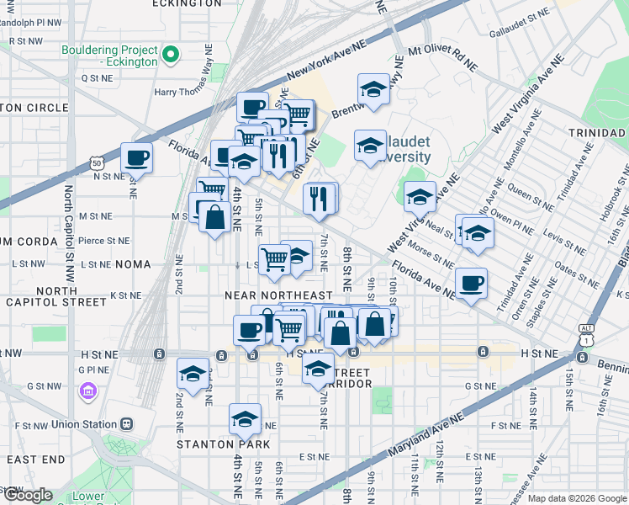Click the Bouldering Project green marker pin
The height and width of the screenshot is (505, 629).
click(x=171, y=56)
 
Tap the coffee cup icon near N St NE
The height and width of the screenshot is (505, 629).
click(x=136, y=157)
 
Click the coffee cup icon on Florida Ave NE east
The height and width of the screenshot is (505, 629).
click(x=471, y=282)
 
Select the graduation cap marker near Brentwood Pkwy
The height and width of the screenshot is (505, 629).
click(x=373, y=88)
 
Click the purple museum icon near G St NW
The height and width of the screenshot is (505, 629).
click(x=87, y=391)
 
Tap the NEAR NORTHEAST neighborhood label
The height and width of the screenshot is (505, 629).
click(x=278, y=295)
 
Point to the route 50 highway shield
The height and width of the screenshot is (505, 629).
click(x=98, y=162)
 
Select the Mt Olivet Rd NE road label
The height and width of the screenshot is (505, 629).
click(x=442, y=57)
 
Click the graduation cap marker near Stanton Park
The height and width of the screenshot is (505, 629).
click(x=244, y=418)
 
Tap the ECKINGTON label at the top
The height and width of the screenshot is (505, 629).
click(x=187, y=4)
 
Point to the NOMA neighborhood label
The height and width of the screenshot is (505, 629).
click(x=133, y=264)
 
